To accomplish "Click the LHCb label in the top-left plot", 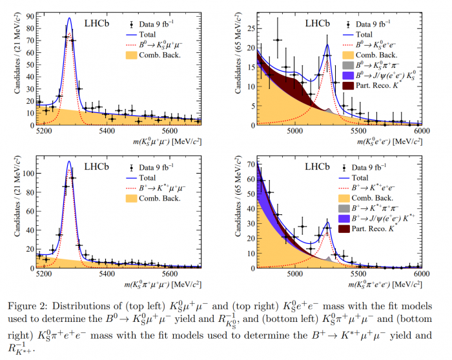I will click(98, 23).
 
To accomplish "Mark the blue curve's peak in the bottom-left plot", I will click(69, 161).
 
